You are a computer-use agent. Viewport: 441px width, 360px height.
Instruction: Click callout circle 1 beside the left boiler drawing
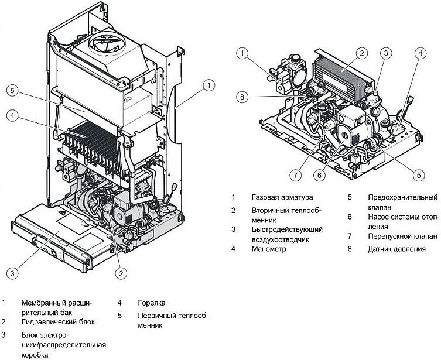click(x=208, y=85)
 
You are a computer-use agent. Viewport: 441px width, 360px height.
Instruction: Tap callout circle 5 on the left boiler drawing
click(x=12, y=91)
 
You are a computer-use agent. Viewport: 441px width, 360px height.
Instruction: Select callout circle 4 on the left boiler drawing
click(x=12, y=115)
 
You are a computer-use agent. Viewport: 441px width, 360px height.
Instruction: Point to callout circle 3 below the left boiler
click(x=12, y=273)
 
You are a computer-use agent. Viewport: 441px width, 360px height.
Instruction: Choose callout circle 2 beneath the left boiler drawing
click(x=121, y=273)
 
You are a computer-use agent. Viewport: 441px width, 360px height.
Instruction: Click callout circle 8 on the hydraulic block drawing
click(x=242, y=97)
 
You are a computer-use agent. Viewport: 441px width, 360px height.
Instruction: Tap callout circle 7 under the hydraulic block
click(x=295, y=176)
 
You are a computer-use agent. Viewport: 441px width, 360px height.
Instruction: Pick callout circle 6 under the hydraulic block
click(x=320, y=176)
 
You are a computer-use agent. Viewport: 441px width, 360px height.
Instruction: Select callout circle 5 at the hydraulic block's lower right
click(x=419, y=176)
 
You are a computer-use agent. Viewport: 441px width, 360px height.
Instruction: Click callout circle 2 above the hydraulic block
click(x=362, y=53)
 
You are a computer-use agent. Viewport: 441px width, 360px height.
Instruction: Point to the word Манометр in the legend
click(x=269, y=249)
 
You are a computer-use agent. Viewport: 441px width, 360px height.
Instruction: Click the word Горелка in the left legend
click(x=152, y=303)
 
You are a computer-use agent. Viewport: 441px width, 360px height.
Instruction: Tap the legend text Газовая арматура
click(x=282, y=197)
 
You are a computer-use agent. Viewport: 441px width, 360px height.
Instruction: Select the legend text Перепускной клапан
click(x=403, y=236)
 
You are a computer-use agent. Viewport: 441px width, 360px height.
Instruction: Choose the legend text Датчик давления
click(x=397, y=249)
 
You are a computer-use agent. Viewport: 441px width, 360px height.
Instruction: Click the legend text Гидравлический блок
click(x=58, y=322)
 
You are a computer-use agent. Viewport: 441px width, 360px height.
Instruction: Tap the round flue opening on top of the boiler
click(x=107, y=44)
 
